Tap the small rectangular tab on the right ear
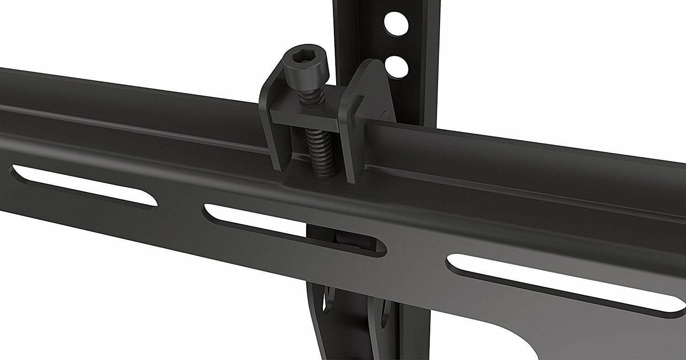(x=359, y=106)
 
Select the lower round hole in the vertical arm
(x=396, y=66)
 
